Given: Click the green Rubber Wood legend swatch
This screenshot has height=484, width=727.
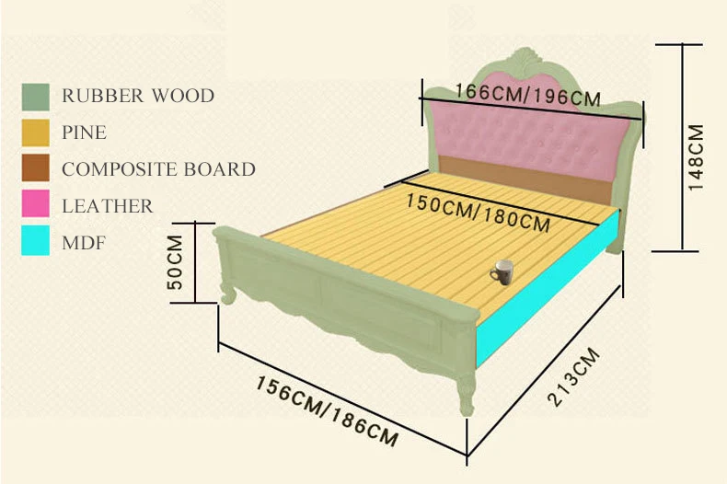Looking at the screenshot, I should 36,96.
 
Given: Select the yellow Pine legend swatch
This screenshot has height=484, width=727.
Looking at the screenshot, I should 36,133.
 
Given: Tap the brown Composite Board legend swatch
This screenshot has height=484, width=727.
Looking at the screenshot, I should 36,168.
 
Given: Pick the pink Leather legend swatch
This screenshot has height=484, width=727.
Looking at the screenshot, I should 36,205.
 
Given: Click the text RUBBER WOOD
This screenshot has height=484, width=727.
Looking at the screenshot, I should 138,96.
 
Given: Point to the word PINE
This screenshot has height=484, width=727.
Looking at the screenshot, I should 85,133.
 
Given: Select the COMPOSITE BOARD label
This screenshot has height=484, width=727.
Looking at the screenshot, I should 158,169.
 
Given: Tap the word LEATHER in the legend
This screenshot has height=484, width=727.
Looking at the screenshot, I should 108,206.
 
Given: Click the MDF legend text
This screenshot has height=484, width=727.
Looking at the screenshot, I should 83,243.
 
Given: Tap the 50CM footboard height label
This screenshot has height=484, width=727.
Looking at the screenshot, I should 178,262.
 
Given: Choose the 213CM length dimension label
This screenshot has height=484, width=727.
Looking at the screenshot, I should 572,378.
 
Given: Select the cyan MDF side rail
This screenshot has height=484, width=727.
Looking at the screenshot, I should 543,294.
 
